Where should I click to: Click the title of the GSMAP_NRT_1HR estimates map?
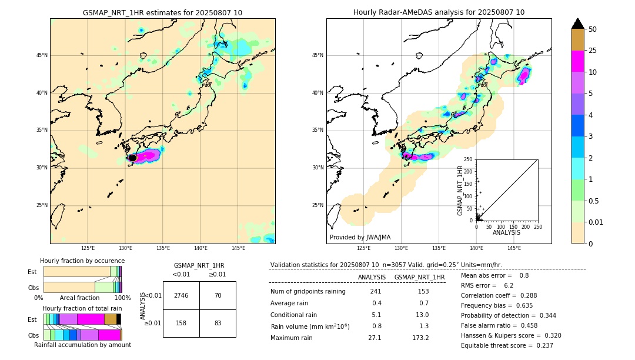162,12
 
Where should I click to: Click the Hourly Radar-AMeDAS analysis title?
439,12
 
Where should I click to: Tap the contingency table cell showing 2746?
181,295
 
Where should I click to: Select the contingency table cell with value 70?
218,295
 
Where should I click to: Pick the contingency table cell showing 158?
181,323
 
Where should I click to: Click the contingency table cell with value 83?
218,323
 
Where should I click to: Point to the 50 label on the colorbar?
593,29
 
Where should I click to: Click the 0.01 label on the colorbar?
596,222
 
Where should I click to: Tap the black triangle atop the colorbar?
578,24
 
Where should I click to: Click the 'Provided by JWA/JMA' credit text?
360,237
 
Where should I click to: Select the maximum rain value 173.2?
420,338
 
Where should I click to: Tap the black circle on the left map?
132,158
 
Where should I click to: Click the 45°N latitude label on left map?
42,55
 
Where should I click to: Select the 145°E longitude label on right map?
514,249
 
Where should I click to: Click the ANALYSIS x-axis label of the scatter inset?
506,232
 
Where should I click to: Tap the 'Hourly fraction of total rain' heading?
82,308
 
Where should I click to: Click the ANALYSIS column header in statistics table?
372,277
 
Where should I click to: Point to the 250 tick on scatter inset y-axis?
469,159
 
